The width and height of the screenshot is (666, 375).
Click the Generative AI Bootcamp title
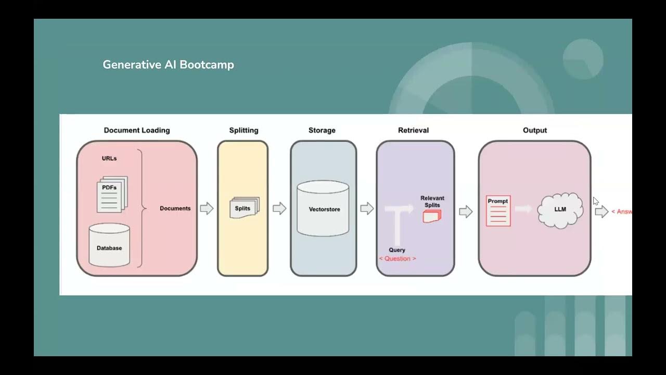168,65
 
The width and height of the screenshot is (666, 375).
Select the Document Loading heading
137,130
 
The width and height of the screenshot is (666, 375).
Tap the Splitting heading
244,130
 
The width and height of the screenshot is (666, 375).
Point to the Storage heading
322,130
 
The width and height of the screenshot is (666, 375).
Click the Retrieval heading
414,130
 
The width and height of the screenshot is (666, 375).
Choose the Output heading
535,130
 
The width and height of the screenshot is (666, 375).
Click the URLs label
109,158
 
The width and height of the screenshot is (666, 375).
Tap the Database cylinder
109,245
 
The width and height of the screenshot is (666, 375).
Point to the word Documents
175,208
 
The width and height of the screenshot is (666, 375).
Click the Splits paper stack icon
244,208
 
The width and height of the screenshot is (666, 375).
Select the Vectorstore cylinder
323,209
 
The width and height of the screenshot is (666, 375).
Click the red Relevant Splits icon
432,216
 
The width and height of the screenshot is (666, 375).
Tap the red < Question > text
398,259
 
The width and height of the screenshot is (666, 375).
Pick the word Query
397,250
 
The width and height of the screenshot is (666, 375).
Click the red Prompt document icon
498,211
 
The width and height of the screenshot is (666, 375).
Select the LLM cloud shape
560,210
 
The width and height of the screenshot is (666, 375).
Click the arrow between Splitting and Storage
279,208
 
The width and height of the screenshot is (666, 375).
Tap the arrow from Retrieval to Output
466,211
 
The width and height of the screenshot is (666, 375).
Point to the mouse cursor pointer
596,202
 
